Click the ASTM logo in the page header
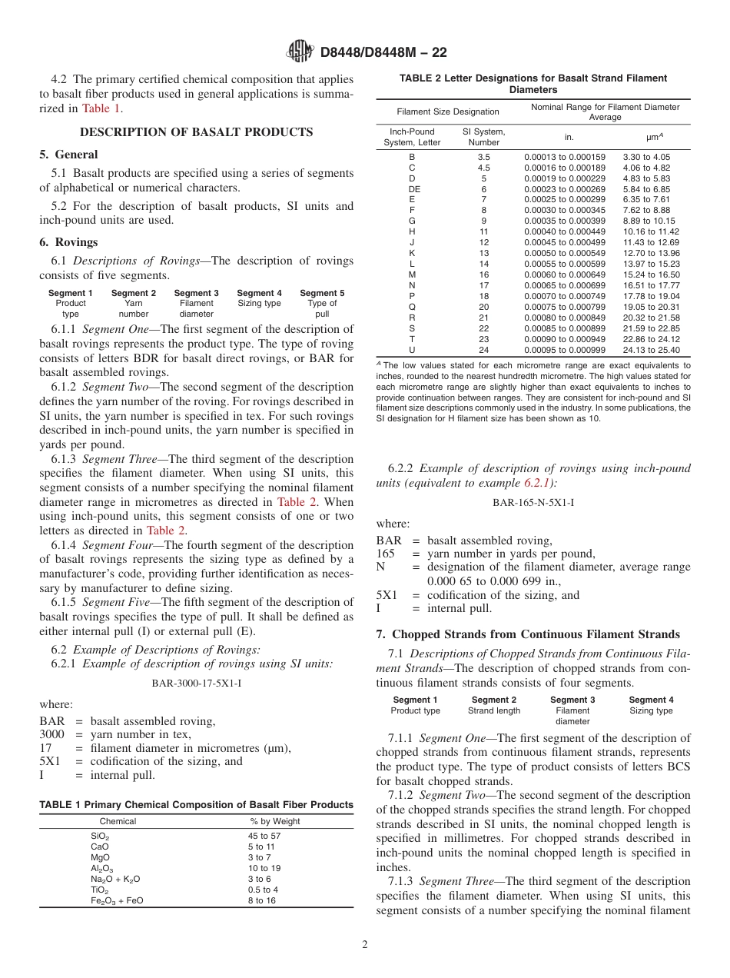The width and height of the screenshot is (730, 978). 300,52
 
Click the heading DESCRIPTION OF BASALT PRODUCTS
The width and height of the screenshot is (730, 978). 196,132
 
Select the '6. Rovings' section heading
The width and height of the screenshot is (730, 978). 68,242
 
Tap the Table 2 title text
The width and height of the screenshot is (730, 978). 533,84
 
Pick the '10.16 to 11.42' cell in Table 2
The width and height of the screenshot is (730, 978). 651,231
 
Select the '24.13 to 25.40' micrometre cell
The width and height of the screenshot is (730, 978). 651,350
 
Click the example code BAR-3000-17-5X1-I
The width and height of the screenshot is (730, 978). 196,682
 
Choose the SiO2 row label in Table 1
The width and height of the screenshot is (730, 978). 100,836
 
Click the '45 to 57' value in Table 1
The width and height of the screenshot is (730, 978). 264,836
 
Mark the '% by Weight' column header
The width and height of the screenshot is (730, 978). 275,821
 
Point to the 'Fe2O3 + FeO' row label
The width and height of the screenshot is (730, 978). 117,900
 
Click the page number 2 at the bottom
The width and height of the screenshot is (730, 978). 365,945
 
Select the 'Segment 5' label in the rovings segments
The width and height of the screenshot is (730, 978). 322,293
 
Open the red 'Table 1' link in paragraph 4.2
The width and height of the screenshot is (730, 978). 101,108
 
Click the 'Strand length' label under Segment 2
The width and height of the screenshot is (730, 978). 494,710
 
